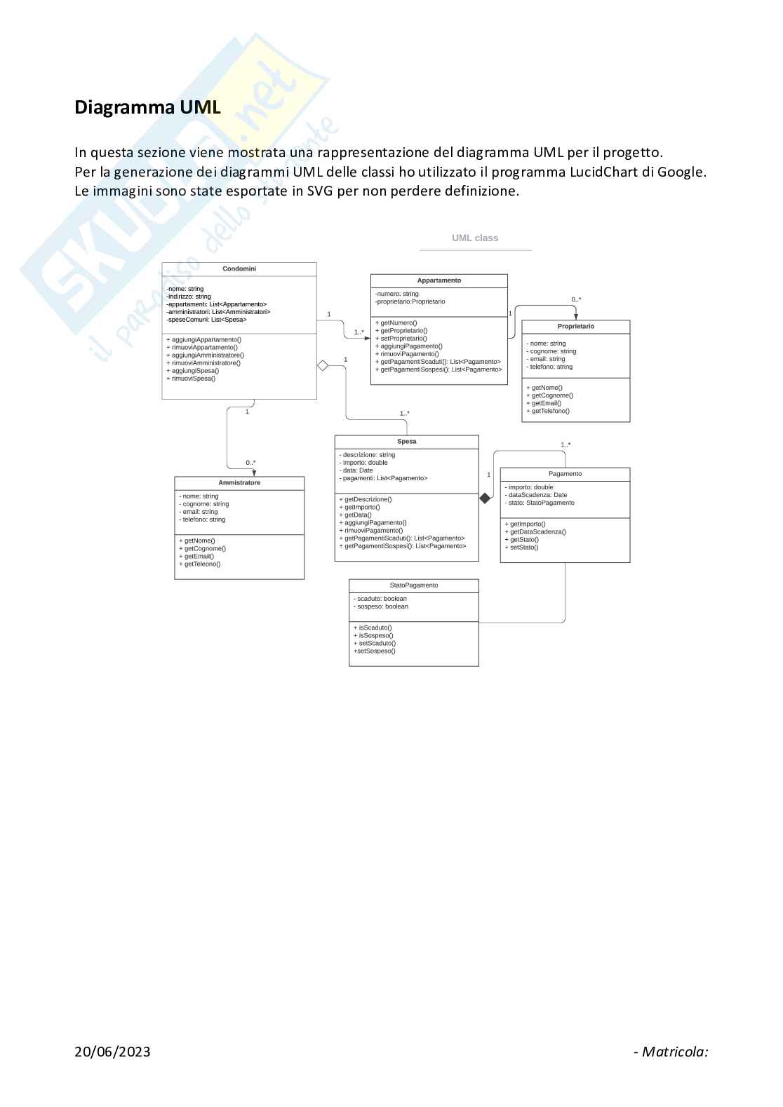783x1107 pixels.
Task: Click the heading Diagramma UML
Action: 147,107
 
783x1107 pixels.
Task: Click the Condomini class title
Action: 239,269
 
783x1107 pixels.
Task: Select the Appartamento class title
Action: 439,280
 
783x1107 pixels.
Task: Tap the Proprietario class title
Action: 576,327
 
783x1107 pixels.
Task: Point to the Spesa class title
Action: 407,442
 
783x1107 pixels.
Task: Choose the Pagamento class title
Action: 565,474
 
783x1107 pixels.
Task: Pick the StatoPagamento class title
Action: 414,585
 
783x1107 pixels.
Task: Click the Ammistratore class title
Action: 239,483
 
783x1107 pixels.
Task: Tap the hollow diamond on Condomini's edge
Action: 323,365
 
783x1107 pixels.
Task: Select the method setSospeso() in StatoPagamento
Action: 375,651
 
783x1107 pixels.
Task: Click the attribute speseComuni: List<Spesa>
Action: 207,320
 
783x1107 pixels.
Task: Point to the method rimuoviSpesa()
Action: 191,379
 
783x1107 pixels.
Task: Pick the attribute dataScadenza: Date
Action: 536,495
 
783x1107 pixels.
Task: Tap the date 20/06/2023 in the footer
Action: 112,1052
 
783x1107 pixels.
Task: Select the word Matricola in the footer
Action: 674,1052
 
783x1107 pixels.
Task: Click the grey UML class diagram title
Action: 475,238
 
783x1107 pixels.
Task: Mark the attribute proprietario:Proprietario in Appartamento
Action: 410,302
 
